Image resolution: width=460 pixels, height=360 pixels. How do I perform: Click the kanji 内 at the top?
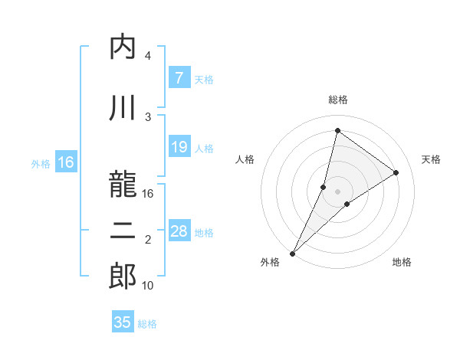click(x=123, y=47)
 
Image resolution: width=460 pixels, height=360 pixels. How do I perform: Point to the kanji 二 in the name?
click(x=123, y=233)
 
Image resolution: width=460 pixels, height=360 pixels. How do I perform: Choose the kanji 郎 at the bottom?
click(x=123, y=277)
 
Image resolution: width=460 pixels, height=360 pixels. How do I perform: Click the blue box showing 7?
click(x=179, y=78)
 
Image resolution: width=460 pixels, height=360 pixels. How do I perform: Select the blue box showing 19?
click(x=179, y=147)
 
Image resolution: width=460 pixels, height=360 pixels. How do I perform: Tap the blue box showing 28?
click(x=179, y=231)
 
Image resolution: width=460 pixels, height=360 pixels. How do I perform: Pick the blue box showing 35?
click(x=123, y=322)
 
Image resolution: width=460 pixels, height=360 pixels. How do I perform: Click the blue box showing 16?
click(x=66, y=162)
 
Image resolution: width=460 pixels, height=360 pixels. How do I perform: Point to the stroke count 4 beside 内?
click(x=148, y=56)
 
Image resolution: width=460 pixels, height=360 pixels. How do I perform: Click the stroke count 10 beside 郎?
click(x=148, y=286)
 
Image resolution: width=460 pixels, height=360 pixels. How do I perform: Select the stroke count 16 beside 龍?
click(x=148, y=194)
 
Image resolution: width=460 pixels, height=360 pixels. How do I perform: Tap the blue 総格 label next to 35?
click(x=147, y=323)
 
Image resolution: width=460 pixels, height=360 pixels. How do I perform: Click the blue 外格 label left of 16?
click(x=41, y=163)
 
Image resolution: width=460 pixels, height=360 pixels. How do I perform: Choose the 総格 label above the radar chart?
click(x=337, y=100)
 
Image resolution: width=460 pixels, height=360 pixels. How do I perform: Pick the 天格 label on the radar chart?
click(x=431, y=159)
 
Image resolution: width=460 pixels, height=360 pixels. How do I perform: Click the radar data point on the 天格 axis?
click(x=396, y=172)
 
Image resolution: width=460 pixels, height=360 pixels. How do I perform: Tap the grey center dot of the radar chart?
click(x=337, y=191)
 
